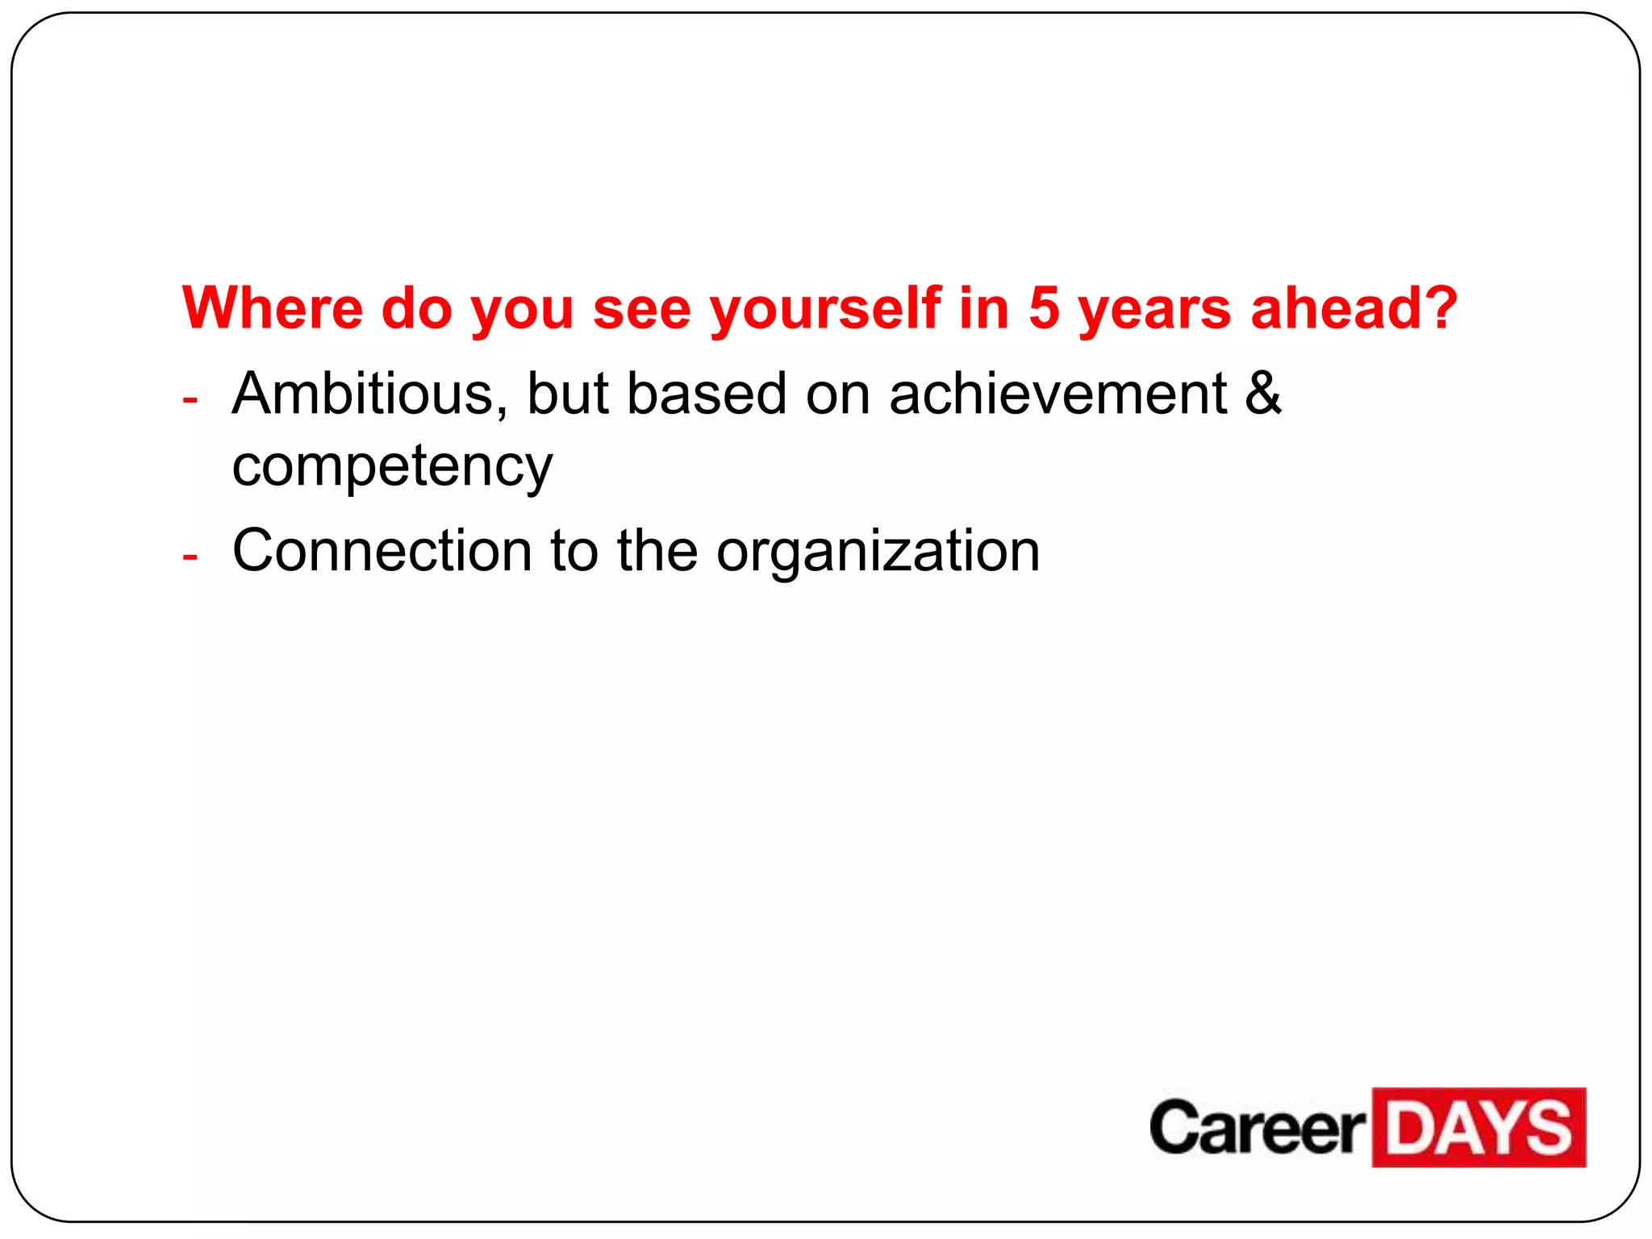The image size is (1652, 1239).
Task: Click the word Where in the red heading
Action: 273,308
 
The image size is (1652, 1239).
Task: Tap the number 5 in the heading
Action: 1044,308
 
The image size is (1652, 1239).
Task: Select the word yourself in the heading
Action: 825,310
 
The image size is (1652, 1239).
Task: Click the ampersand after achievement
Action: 1262,394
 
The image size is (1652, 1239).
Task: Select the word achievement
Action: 1058,394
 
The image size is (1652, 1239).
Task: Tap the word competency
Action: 392,467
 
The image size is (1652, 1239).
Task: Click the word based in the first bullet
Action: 706,394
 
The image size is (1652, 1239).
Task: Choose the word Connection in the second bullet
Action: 382,551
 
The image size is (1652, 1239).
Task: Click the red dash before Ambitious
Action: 190,399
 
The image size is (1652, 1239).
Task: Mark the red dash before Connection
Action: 190,557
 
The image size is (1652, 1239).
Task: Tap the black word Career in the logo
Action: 1257,1128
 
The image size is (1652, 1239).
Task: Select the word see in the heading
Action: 642,310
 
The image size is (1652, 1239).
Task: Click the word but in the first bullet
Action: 567,394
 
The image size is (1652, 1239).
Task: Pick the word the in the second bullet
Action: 657,551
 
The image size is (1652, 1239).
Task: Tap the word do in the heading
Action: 416,308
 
